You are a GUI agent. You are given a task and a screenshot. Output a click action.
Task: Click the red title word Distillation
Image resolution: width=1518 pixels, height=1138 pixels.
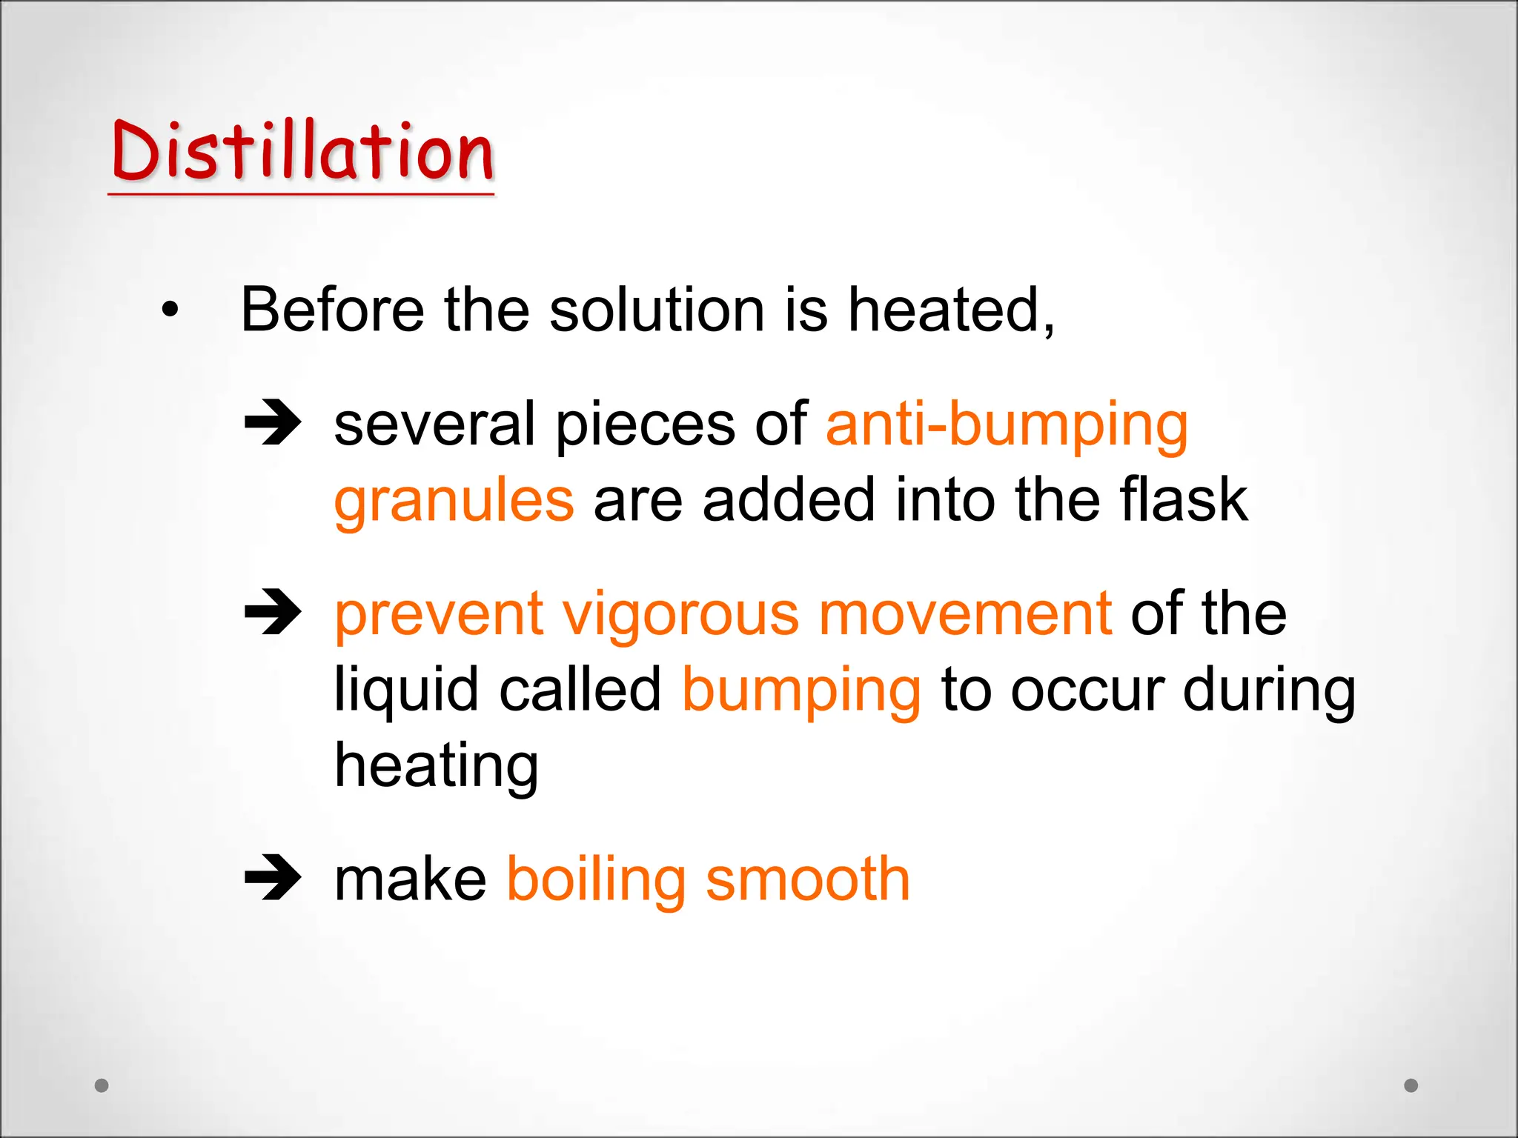[x=302, y=152]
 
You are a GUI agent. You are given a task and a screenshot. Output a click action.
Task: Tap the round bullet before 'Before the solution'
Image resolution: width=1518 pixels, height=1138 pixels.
[x=170, y=310]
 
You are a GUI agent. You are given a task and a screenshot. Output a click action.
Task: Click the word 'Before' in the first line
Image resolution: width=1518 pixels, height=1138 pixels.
[x=332, y=310]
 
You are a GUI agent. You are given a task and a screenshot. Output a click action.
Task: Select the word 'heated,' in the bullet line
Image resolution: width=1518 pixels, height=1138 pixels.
[x=951, y=310]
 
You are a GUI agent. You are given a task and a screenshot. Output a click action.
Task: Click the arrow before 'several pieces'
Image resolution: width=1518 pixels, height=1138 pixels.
[x=273, y=422]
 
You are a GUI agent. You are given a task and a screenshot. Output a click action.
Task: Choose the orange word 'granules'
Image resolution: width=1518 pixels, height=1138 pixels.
[x=454, y=502]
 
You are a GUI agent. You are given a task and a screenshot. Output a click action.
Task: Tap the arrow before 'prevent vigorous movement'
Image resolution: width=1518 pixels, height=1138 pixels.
[x=273, y=612]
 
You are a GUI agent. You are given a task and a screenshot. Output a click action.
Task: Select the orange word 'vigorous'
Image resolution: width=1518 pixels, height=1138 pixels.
[x=680, y=615]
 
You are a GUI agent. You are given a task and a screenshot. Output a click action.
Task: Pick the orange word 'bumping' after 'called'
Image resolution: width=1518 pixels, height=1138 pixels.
[x=801, y=691]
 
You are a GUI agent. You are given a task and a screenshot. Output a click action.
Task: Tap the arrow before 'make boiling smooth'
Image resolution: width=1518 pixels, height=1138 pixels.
[x=273, y=878]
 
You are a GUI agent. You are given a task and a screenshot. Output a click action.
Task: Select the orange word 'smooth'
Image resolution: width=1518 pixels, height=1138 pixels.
[x=807, y=879]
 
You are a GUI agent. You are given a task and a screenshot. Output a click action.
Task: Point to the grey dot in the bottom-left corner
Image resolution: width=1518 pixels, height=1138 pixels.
[x=102, y=1085]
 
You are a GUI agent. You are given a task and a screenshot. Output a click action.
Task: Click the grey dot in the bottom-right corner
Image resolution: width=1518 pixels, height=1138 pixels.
[x=1411, y=1085]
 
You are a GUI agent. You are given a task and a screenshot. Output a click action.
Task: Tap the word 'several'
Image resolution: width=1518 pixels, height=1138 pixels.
[x=434, y=425]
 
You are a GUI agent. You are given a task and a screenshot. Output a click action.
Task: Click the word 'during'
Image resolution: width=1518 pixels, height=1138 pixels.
[x=1269, y=691]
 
